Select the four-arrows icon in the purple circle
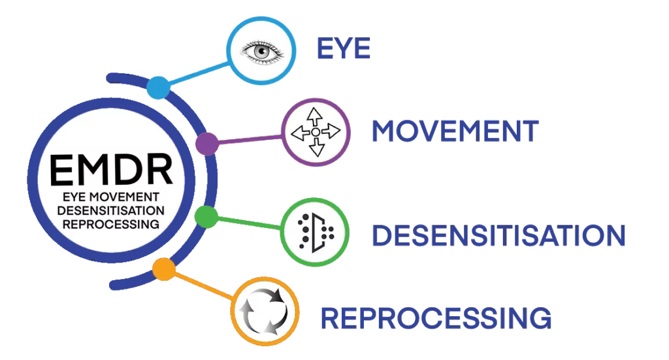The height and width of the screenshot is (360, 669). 316,132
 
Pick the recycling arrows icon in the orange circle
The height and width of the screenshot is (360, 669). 264,312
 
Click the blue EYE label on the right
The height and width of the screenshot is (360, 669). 343,50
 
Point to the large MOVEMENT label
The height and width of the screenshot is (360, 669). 455,132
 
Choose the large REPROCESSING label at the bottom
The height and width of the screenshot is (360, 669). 436,318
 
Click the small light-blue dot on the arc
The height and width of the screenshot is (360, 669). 157,88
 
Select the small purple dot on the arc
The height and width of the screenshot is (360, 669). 206,143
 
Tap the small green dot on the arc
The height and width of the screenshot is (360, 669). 206,216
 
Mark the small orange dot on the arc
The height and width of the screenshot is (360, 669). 163,268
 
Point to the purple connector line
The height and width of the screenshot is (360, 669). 248,138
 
